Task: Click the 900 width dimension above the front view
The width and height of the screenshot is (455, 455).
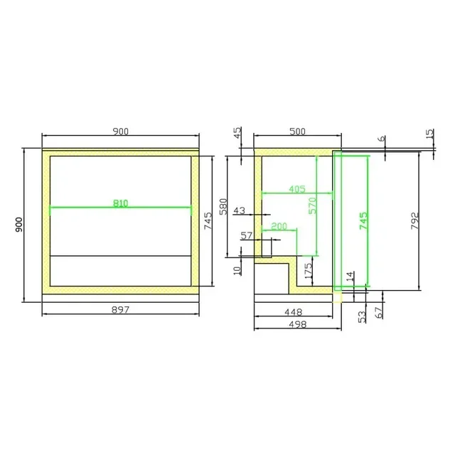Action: click(120, 132)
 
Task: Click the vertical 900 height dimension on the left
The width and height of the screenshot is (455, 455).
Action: click(19, 225)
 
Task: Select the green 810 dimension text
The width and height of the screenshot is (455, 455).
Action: click(121, 203)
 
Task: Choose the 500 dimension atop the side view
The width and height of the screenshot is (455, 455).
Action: click(297, 132)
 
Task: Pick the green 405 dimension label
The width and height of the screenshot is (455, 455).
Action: click(297, 189)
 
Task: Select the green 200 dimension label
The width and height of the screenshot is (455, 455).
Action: click(279, 226)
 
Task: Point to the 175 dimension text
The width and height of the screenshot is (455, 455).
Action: click(308, 271)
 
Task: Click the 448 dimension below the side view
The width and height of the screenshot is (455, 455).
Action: click(293, 311)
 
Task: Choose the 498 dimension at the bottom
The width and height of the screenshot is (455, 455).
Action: click(297, 324)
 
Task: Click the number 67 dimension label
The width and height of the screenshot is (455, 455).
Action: click(378, 311)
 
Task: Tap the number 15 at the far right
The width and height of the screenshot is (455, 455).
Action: click(429, 134)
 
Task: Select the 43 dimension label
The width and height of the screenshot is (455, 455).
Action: click(239, 210)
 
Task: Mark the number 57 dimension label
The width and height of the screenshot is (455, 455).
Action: click(247, 235)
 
